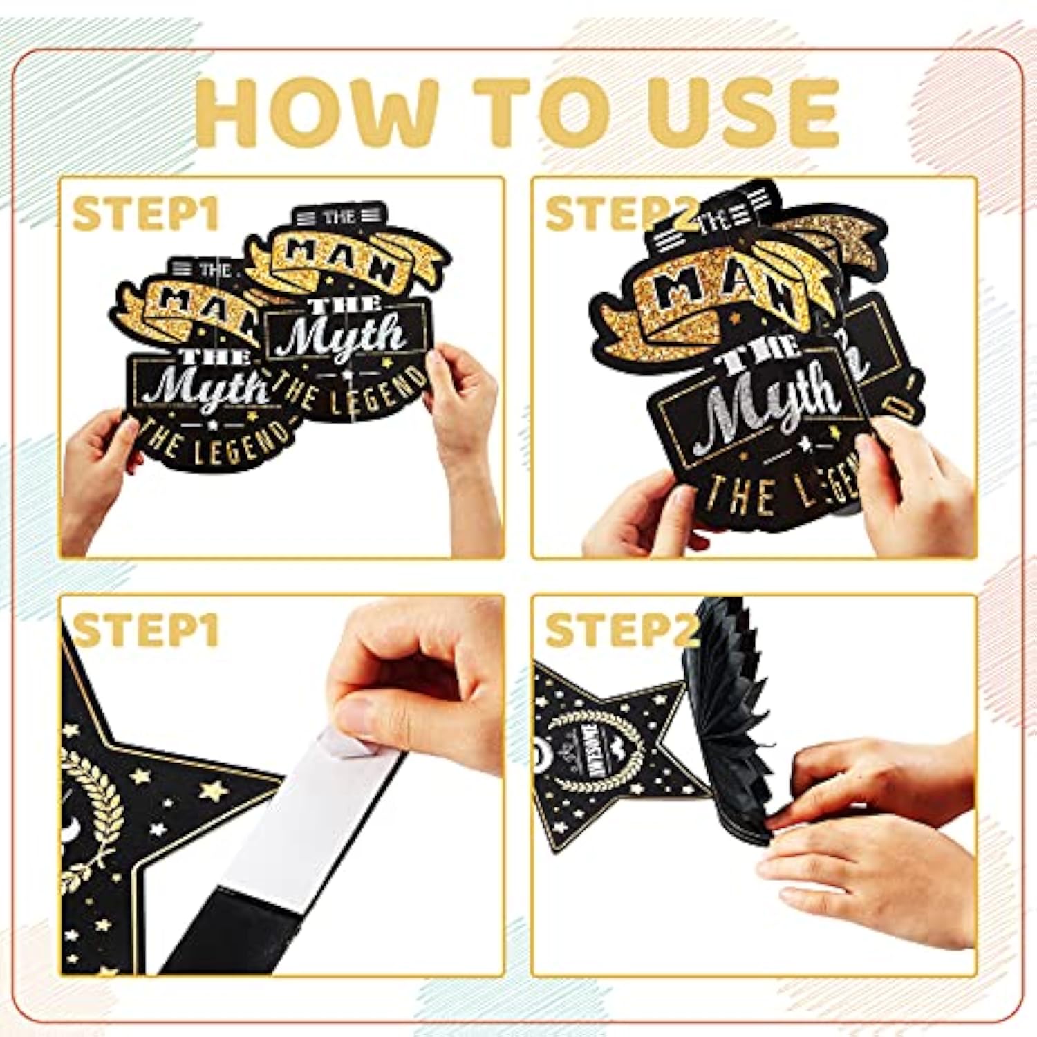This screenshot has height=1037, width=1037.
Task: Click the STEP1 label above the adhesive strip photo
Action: [x=145, y=630]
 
